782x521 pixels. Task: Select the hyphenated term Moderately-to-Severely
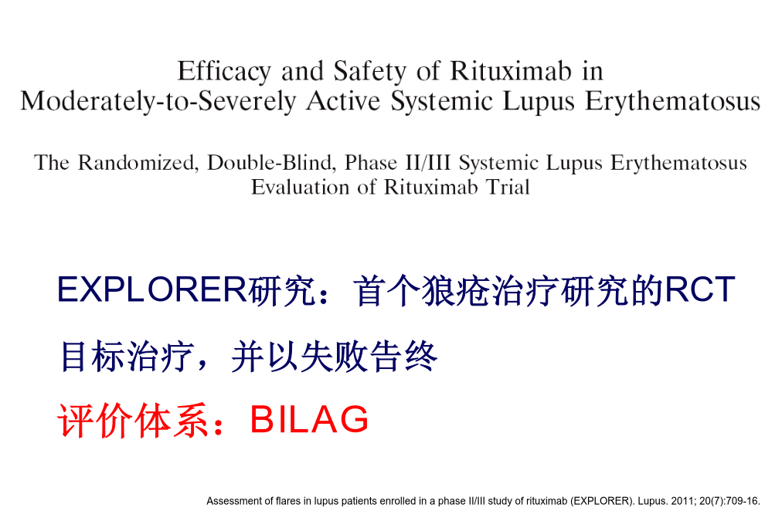(158, 101)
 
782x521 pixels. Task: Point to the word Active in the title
(343, 100)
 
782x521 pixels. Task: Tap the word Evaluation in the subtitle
(300, 188)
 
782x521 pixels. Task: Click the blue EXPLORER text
(152, 289)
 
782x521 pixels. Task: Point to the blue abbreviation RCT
(700, 289)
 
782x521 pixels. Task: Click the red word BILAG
(309, 419)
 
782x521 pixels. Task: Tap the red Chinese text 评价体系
(132, 421)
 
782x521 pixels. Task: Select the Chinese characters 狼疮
(457, 290)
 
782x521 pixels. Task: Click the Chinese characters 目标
(92, 356)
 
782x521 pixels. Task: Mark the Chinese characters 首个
(387, 290)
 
